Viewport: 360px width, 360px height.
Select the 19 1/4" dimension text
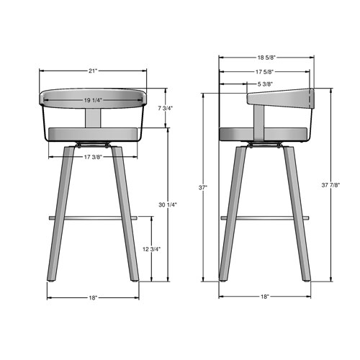click(x=93, y=100)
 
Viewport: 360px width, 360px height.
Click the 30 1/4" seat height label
click(x=168, y=205)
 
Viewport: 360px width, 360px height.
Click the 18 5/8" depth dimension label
click(x=266, y=57)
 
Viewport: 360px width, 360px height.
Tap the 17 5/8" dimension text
click(x=263, y=71)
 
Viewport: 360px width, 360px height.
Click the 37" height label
click(x=204, y=188)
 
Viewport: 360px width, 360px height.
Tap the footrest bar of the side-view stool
click(x=264, y=217)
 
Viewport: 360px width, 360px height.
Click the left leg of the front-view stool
click(x=63, y=216)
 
